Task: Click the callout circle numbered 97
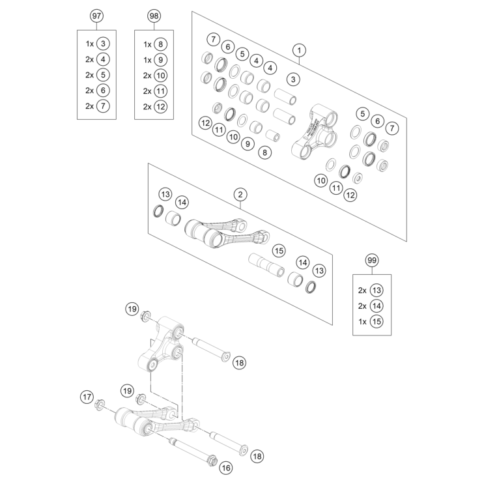tap(97, 15)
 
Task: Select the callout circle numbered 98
tap(154, 15)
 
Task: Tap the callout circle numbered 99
tap(372, 260)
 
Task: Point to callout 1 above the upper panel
tap(298, 50)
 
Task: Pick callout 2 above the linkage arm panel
tap(240, 195)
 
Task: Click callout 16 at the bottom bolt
tap(226, 468)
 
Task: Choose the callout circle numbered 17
tap(87, 397)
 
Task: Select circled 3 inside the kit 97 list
tap(104, 44)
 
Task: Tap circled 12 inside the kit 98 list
tap(161, 106)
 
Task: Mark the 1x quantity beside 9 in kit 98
tap(147, 59)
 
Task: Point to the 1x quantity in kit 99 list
tap(362, 321)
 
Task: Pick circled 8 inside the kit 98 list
tap(161, 44)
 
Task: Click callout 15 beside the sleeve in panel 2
tap(279, 251)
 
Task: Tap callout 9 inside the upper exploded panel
tap(247, 143)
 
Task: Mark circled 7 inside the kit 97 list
tap(104, 106)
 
